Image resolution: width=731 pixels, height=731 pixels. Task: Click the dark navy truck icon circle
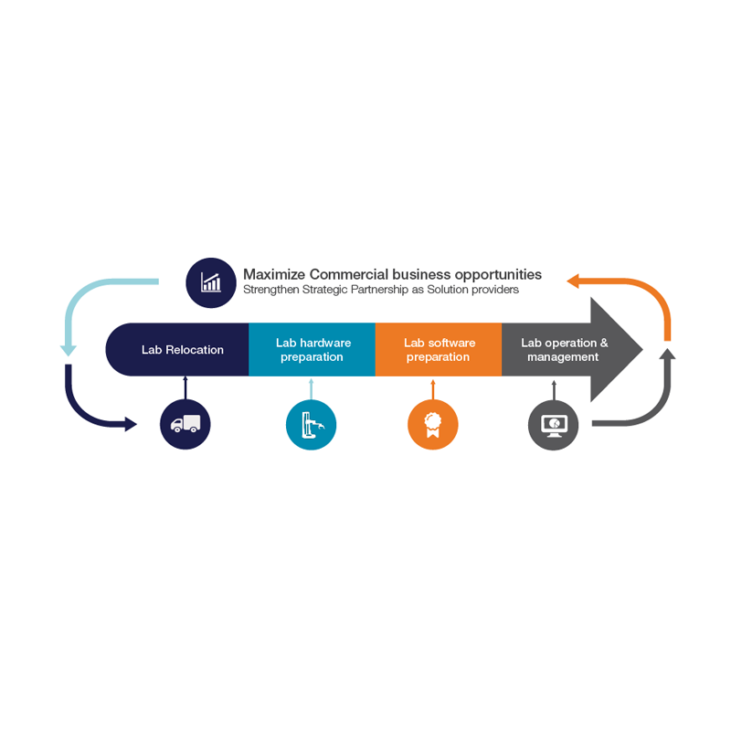pyautogui.click(x=185, y=424)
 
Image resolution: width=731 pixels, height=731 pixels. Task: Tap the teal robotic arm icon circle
pyautogui.click(x=311, y=425)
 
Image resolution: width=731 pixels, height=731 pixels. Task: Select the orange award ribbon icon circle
pyautogui.click(x=432, y=425)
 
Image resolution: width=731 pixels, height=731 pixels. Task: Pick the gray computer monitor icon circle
pyautogui.click(x=554, y=425)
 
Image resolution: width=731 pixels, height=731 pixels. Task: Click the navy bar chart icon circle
pyautogui.click(x=211, y=283)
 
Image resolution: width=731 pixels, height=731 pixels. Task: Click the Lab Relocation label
pyautogui.click(x=183, y=350)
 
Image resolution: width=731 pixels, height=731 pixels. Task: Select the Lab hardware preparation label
pyautogui.click(x=313, y=350)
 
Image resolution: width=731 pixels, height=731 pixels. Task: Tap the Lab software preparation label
pyautogui.click(x=440, y=350)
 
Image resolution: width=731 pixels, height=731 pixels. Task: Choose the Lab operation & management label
pyautogui.click(x=564, y=350)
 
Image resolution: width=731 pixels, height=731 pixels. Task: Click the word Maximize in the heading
pyautogui.click(x=274, y=274)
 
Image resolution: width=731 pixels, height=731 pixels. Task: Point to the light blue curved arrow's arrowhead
pyautogui.click(x=68, y=350)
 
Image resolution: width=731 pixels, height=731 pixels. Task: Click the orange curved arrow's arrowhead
pyautogui.click(x=573, y=281)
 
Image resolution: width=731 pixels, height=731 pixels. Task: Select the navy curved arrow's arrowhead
pyautogui.click(x=131, y=424)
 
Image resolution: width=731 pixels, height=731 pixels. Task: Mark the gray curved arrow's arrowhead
pyautogui.click(x=668, y=354)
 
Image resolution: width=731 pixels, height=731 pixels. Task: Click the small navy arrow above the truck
pyautogui.click(x=185, y=387)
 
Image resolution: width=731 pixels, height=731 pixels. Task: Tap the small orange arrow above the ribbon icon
pyautogui.click(x=432, y=389)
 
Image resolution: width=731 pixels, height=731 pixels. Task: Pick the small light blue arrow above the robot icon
pyautogui.click(x=311, y=389)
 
